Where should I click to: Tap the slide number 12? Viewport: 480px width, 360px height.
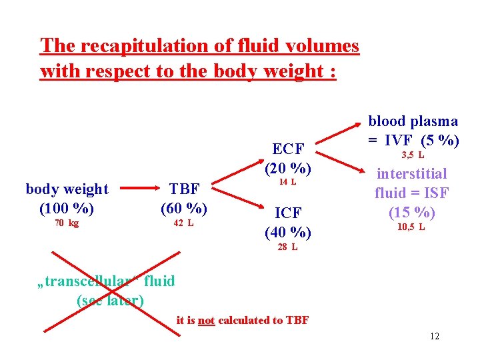coord(435,336)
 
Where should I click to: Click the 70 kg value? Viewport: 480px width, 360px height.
coord(67,223)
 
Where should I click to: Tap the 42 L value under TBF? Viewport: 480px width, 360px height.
coord(183,223)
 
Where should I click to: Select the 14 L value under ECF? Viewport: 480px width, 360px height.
coord(287,182)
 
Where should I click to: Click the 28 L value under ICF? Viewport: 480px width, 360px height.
coord(287,247)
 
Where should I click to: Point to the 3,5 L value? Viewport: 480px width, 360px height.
coord(413,155)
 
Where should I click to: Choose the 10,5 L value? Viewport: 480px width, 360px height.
coord(411,227)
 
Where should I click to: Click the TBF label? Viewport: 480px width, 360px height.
coord(184,189)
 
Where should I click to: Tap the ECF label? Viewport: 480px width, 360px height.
coord(288,148)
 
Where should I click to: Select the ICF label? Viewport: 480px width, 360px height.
coord(288,213)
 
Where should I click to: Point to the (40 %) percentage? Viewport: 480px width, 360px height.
coord(288,232)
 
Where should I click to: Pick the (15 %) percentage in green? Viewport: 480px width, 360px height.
coord(412,212)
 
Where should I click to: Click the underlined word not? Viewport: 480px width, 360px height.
coord(207,321)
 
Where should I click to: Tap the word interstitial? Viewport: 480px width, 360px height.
coord(412,174)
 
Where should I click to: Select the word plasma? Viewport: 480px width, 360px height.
coord(433,121)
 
